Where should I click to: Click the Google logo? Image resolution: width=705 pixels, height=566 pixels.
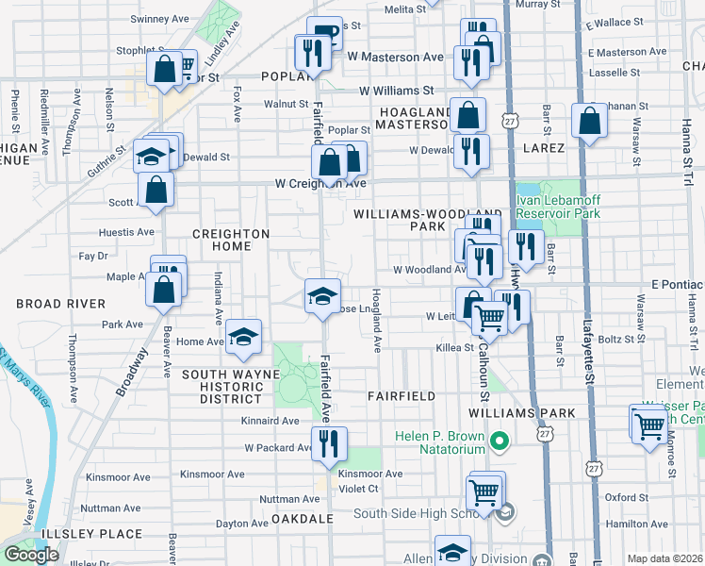32,555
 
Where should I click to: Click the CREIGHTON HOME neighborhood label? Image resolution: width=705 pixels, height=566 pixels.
230,240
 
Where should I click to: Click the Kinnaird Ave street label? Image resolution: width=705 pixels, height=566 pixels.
271,420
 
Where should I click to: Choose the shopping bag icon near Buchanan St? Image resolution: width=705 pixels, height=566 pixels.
589,122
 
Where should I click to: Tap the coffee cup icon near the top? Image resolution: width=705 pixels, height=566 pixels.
326,35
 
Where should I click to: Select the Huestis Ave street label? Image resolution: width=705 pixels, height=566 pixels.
125,232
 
